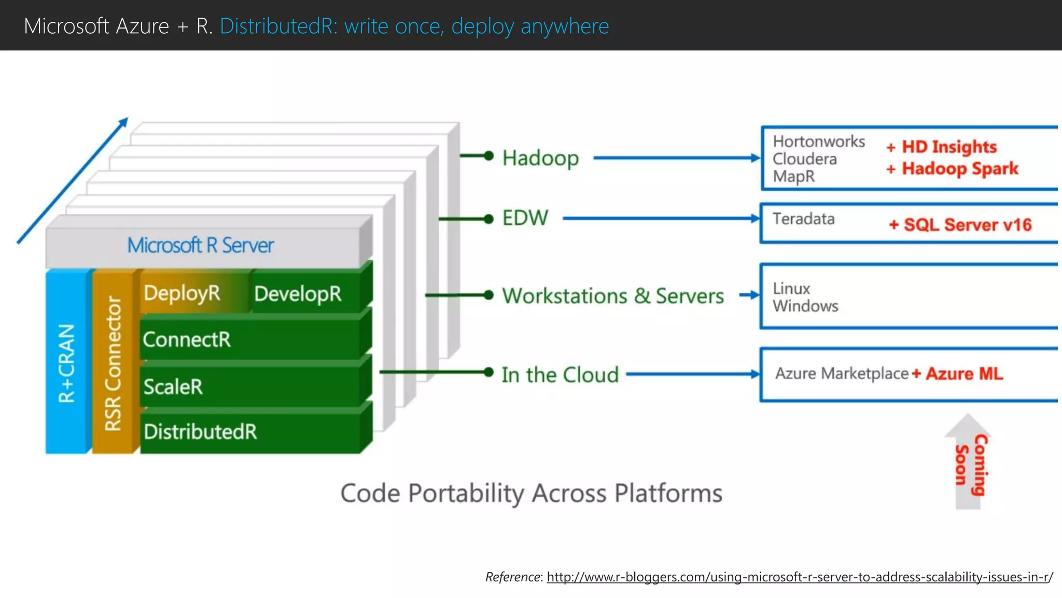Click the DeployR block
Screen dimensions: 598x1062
coord(183,293)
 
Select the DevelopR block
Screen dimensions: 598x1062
coord(298,294)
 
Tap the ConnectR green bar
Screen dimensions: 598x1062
coord(249,339)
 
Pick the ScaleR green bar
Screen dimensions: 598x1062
coord(249,387)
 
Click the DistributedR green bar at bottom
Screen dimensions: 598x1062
coord(249,431)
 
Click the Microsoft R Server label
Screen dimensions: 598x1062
coord(201,245)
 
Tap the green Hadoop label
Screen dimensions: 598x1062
coord(540,158)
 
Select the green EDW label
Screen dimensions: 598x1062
coord(525,218)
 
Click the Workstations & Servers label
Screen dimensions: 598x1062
coord(613,296)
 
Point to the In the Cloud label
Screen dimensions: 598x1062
coord(560,374)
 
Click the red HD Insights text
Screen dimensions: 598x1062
coord(948,147)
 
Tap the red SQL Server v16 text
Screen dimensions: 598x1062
coord(967,225)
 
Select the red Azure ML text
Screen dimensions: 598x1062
coord(964,374)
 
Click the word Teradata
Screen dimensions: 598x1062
coord(803,219)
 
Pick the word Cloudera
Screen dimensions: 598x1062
coord(804,159)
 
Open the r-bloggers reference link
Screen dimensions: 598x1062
coord(799,577)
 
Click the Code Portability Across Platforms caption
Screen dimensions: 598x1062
coord(531,493)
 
